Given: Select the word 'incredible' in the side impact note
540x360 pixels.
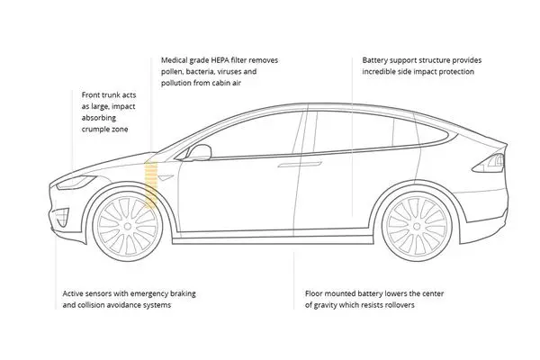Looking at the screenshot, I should click(384, 71).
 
